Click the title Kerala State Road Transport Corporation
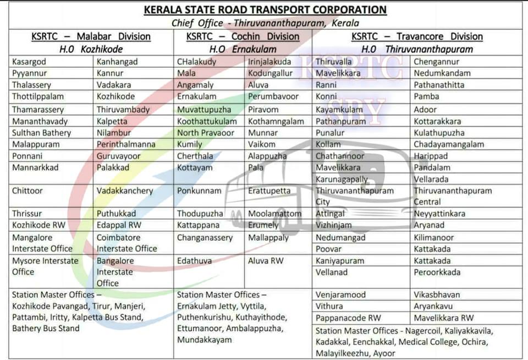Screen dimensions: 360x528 (265, 10)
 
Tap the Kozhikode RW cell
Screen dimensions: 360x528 (37, 225)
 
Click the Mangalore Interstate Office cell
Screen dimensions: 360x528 (42, 243)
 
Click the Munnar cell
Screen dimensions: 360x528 (263, 133)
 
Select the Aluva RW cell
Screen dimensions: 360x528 (265, 260)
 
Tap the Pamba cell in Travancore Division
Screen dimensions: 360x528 (426, 96)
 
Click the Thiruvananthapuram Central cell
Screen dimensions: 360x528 (452, 196)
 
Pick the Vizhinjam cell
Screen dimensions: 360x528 (334, 225)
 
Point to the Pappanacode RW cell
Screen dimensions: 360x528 (348, 318)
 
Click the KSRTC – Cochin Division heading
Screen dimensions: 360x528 (243, 36)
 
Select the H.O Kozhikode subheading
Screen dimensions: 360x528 (91, 49)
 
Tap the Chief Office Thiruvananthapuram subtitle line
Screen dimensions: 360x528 (265, 23)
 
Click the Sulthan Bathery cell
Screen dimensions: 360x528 (42, 133)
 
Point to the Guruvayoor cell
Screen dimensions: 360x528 (119, 156)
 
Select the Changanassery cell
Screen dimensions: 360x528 (205, 238)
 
